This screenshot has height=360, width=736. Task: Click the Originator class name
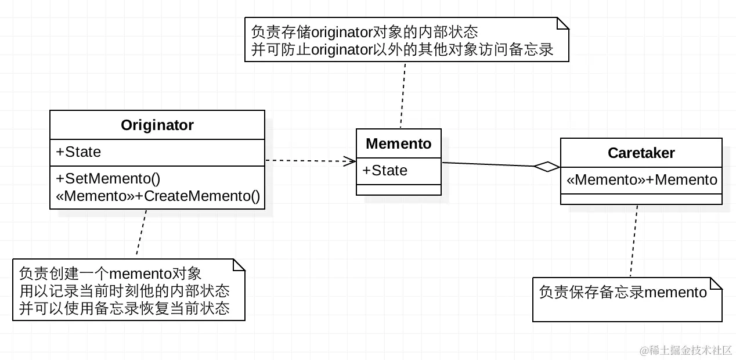click(x=157, y=125)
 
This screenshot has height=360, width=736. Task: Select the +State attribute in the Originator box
click(x=78, y=152)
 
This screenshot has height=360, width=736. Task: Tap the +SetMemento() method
click(x=108, y=179)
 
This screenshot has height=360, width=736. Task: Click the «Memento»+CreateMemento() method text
click(x=158, y=196)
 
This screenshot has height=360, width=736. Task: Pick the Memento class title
click(x=399, y=143)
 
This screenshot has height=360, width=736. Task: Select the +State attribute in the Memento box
click(x=385, y=170)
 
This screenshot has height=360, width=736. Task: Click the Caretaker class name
click(x=641, y=153)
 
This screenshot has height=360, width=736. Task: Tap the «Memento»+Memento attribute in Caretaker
click(x=641, y=180)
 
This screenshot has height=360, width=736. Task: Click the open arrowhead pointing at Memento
click(x=350, y=161)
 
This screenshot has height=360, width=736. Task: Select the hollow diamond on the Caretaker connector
click(x=547, y=167)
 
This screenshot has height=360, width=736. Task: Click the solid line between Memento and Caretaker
click(x=488, y=164)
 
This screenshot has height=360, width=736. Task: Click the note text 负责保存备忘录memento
click(x=623, y=292)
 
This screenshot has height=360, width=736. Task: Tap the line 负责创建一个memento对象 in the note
click(x=110, y=273)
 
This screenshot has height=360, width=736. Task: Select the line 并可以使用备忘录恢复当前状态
click(x=124, y=308)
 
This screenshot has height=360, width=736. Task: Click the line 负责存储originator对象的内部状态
click(x=365, y=31)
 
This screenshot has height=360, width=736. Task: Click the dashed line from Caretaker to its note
click(x=634, y=241)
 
